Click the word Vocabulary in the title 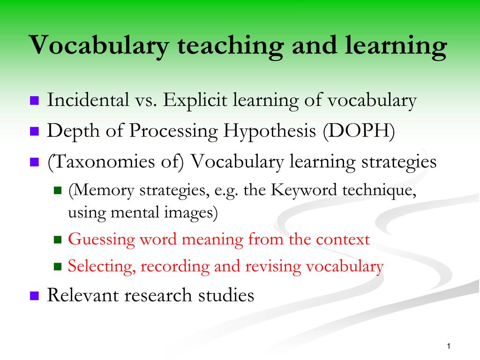point(99,46)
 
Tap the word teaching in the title point(230,46)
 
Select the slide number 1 point(449,346)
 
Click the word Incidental point(88,100)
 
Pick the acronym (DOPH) point(359,131)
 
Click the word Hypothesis point(270,132)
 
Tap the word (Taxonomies point(101,162)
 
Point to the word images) point(191,212)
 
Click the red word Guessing point(101,240)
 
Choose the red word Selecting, point(102,266)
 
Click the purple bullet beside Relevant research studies point(34,296)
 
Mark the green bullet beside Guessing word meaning point(58,240)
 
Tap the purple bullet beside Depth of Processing point(34,131)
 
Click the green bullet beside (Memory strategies point(58,191)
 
